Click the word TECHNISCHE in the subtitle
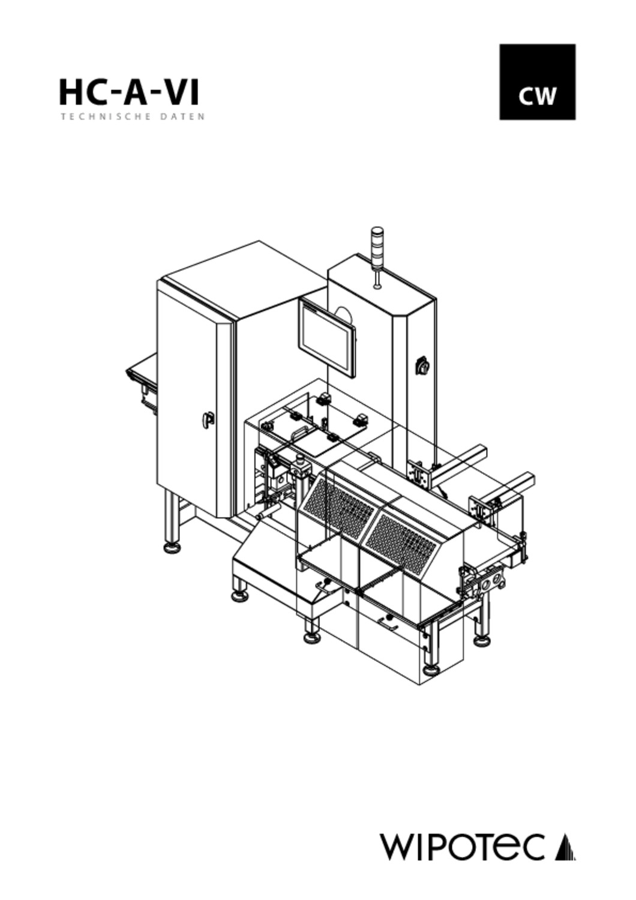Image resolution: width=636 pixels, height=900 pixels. pyautogui.click(x=106, y=117)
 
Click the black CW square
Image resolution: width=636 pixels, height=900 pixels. pyautogui.click(x=537, y=82)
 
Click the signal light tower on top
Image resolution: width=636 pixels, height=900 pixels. pyautogui.click(x=377, y=257)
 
